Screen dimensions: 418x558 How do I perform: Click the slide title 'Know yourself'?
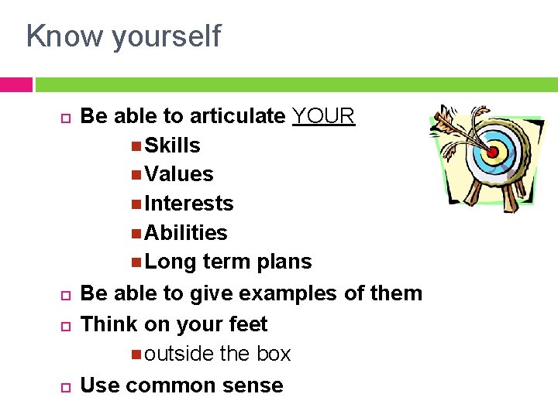click(123, 36)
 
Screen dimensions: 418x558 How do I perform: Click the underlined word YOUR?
click(323, 116)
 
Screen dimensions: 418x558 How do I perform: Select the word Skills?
click(172, 146)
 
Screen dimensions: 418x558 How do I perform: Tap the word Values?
click(179, 174)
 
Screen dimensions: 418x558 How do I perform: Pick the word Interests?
click(189, 204)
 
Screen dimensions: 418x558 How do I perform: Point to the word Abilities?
click(186, 233)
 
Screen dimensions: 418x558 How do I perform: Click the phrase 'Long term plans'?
click(228, 262)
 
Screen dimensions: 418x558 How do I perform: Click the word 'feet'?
click(247, 324)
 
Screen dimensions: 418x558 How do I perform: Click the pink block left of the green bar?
click(15, 84)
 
